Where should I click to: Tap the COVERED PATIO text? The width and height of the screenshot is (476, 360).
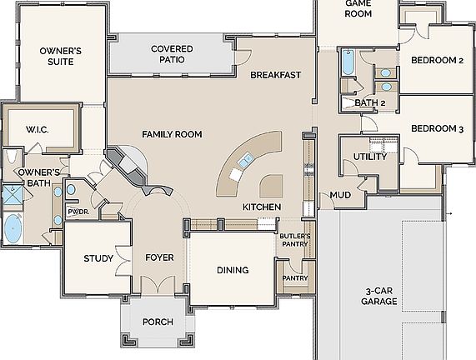click(x=173, y=54)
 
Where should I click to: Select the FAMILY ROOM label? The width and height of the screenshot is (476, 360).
click(x=172, y=134)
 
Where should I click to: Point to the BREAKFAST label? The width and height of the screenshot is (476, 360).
click(x=275, y=75)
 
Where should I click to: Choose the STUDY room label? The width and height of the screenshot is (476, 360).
click(x=98, y=258)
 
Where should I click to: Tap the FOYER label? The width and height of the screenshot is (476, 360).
click(x=159, y=258)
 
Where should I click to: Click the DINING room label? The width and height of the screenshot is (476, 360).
click(x=233, y=270)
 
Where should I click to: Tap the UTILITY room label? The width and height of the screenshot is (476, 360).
click(x=368, y=157)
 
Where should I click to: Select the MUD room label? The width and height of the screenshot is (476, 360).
click(x=340, y=195)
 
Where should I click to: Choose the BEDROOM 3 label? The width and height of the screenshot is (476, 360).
click(x=437, y=129)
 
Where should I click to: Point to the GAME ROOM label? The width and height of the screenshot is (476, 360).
click(x=346, y=8)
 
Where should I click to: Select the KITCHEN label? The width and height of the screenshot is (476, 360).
click(x=261, y=207)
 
